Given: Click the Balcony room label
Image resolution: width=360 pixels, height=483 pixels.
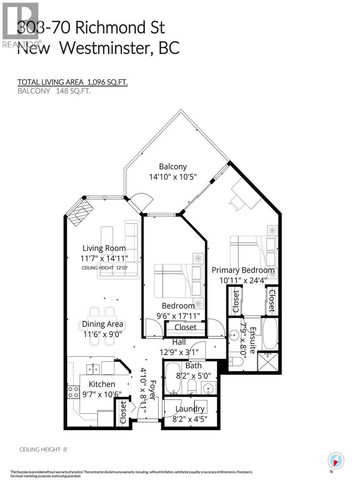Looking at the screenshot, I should [x=173, y=167].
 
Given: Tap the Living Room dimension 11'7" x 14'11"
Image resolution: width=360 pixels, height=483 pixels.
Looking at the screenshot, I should [x=104, y=259].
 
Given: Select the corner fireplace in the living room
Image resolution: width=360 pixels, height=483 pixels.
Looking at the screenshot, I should [x=80, y=212].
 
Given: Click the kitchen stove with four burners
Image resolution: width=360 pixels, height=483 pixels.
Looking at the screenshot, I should [x=73, y=392].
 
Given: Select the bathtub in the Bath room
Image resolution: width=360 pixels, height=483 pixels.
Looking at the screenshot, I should [x=174, y=378].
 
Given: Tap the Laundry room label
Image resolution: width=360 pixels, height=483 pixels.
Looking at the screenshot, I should [x=190, y=409].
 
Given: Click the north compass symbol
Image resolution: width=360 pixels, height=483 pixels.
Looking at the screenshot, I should [x=335, y=460].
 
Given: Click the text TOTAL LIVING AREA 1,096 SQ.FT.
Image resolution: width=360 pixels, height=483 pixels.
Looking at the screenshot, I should [x=72, y=82].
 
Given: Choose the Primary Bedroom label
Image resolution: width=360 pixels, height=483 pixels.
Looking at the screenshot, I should [x=243, y=270].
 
